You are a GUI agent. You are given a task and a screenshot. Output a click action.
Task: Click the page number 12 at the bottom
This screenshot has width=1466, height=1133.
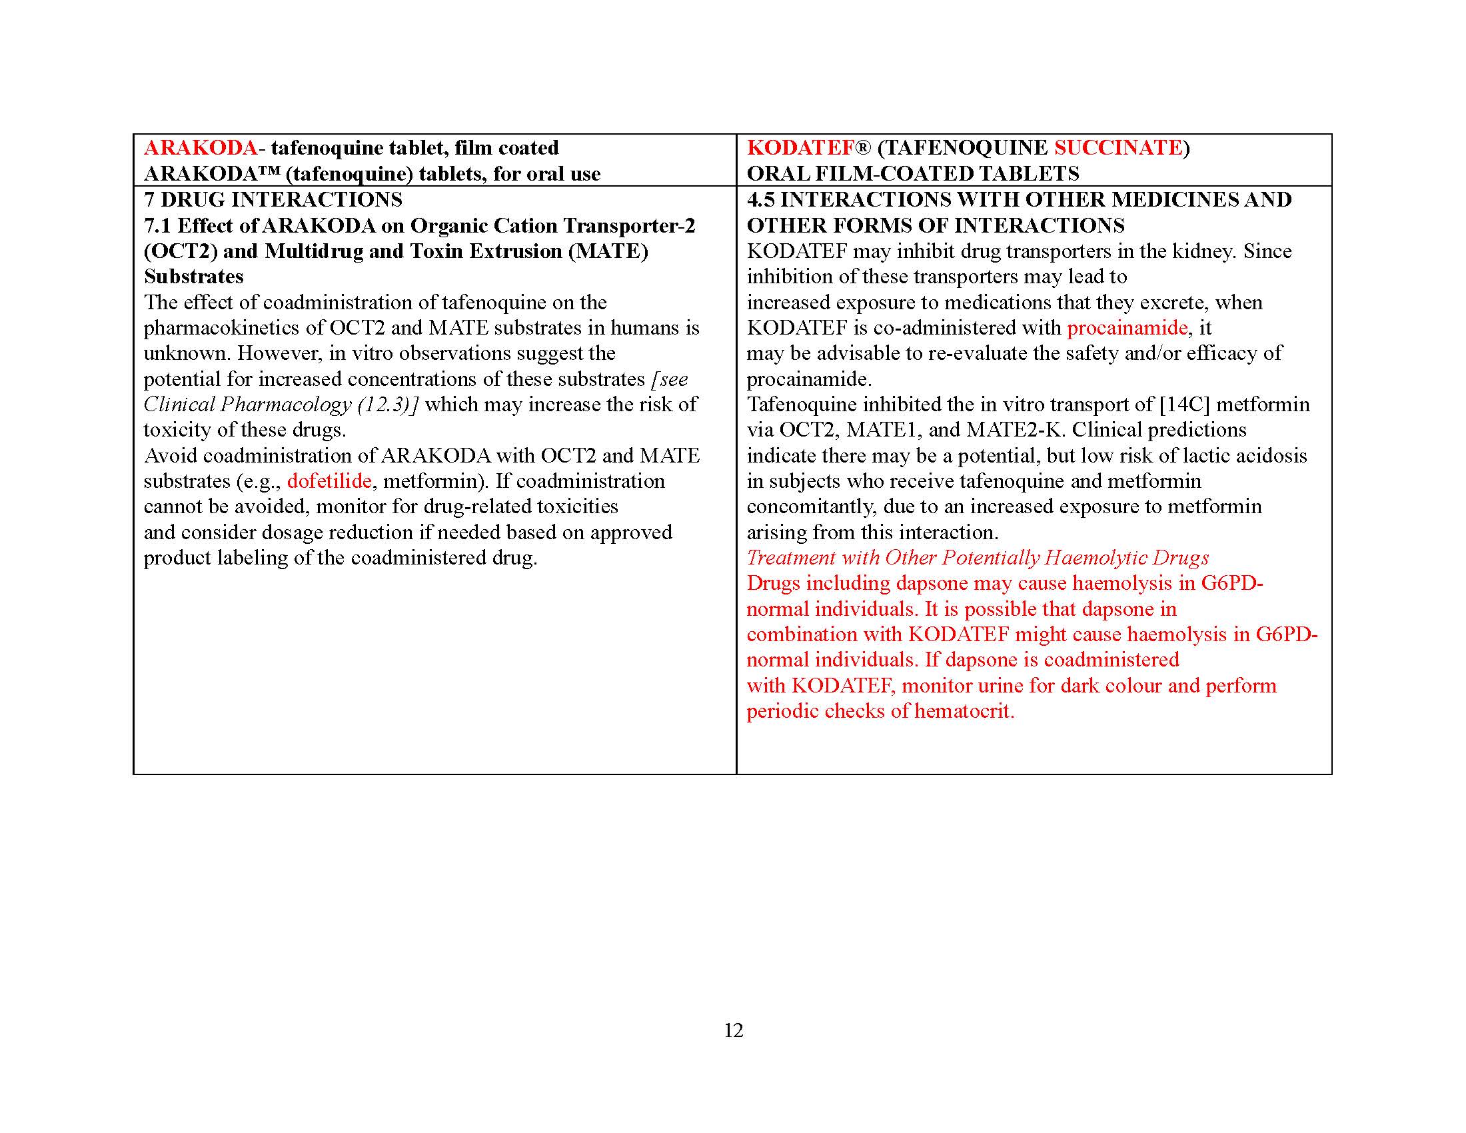[733, 1030]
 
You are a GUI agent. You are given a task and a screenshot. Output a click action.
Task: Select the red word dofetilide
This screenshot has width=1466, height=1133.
[329, 481]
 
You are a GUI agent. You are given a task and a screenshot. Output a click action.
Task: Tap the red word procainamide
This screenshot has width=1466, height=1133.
[1127, 327]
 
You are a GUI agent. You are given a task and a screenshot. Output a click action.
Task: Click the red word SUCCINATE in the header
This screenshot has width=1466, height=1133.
[1117, 148]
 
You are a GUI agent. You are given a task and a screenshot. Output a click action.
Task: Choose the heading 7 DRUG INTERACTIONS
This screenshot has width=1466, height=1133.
[273, 199]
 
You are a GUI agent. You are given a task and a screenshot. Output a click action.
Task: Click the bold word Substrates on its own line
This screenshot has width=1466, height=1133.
[193, 277]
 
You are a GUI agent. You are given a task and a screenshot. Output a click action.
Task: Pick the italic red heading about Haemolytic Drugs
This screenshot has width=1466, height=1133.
[978, 558]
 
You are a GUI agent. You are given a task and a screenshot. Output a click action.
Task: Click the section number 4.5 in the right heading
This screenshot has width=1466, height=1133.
[760, 199]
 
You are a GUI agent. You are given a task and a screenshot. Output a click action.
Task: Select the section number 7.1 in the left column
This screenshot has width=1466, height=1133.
[157, 225]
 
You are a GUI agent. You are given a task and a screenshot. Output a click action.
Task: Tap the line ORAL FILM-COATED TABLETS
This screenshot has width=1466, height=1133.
[913, 174]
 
